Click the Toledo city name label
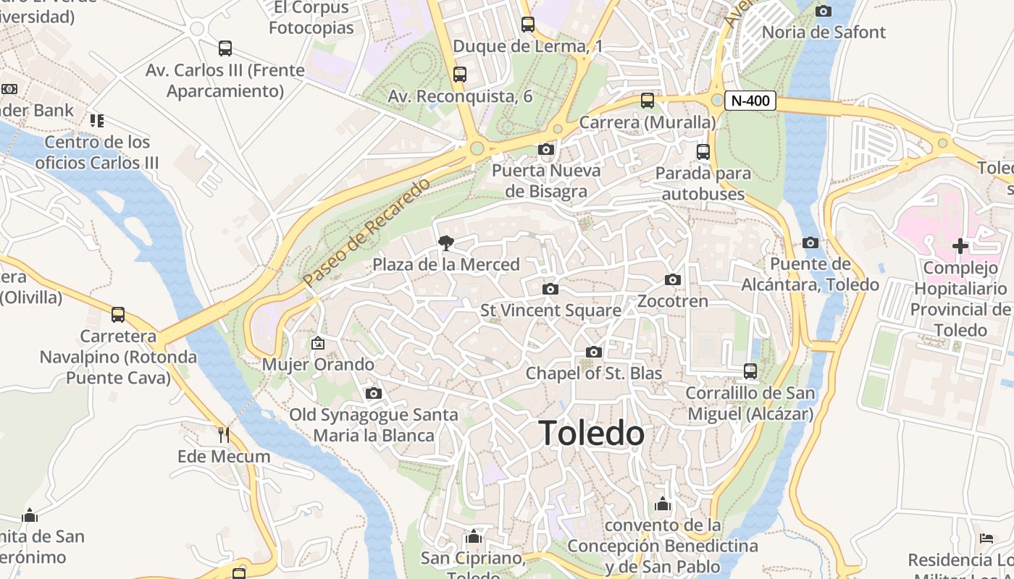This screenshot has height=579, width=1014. click(x=592, y=434)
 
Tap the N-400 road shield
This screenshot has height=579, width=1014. click(x=750, y=101)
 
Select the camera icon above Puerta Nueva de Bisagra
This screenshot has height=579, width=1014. click(x=546, y=150)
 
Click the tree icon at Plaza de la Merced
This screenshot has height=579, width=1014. click(x=446, y=243)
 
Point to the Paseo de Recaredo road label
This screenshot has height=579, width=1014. click(x=366, y=231)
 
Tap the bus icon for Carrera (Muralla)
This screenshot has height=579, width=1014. click(x=648, y=101)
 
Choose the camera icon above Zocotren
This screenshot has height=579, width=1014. click(x=673, y=280)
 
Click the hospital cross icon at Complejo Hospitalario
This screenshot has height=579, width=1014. click(x=960, y=246)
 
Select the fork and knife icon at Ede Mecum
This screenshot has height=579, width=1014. click(x=224, y=434)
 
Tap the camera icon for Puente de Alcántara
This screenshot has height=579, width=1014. click(x=810, y=243)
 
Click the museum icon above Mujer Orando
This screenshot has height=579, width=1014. click(x=318, y=342)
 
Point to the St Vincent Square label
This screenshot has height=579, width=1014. click(x=551, y=310)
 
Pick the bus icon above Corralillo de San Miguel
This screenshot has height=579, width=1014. click(x=750, y=371)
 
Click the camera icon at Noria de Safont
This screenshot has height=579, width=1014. click(x=824, y=11)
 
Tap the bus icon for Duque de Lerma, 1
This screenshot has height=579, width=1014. click(x=528, y=25)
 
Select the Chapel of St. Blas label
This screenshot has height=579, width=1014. click(x=594, y=373)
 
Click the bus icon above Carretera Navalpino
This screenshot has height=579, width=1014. click(x=118, y=315)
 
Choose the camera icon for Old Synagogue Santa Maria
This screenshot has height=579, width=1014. click(x=374, y=394)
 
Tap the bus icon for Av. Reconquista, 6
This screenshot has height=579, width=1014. click(x=460, y=75)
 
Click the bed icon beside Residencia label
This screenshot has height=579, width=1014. click(x=986, y=538)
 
